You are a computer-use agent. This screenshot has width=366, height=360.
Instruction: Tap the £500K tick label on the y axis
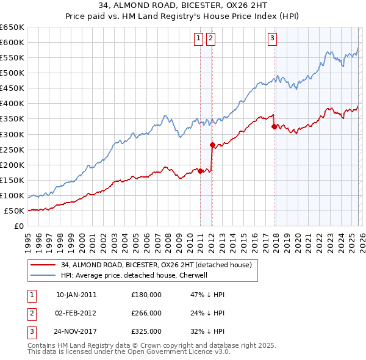tap(12, 73)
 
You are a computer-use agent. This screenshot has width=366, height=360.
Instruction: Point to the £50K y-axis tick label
tap(15, 211)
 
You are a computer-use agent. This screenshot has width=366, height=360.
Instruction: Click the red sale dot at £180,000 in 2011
tap(200, 171)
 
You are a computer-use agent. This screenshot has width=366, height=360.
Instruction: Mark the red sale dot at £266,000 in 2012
tap(212, 145)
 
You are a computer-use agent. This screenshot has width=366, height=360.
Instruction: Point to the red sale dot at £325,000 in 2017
tap(274, 126)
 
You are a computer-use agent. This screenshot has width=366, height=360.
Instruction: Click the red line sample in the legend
tap(43, 264)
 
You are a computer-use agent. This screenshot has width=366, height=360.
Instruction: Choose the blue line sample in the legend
tap(43, 275)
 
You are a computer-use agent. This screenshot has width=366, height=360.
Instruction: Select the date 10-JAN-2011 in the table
tap(76, 294)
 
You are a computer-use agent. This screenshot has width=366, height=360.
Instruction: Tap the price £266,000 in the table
tap(146, 313)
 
